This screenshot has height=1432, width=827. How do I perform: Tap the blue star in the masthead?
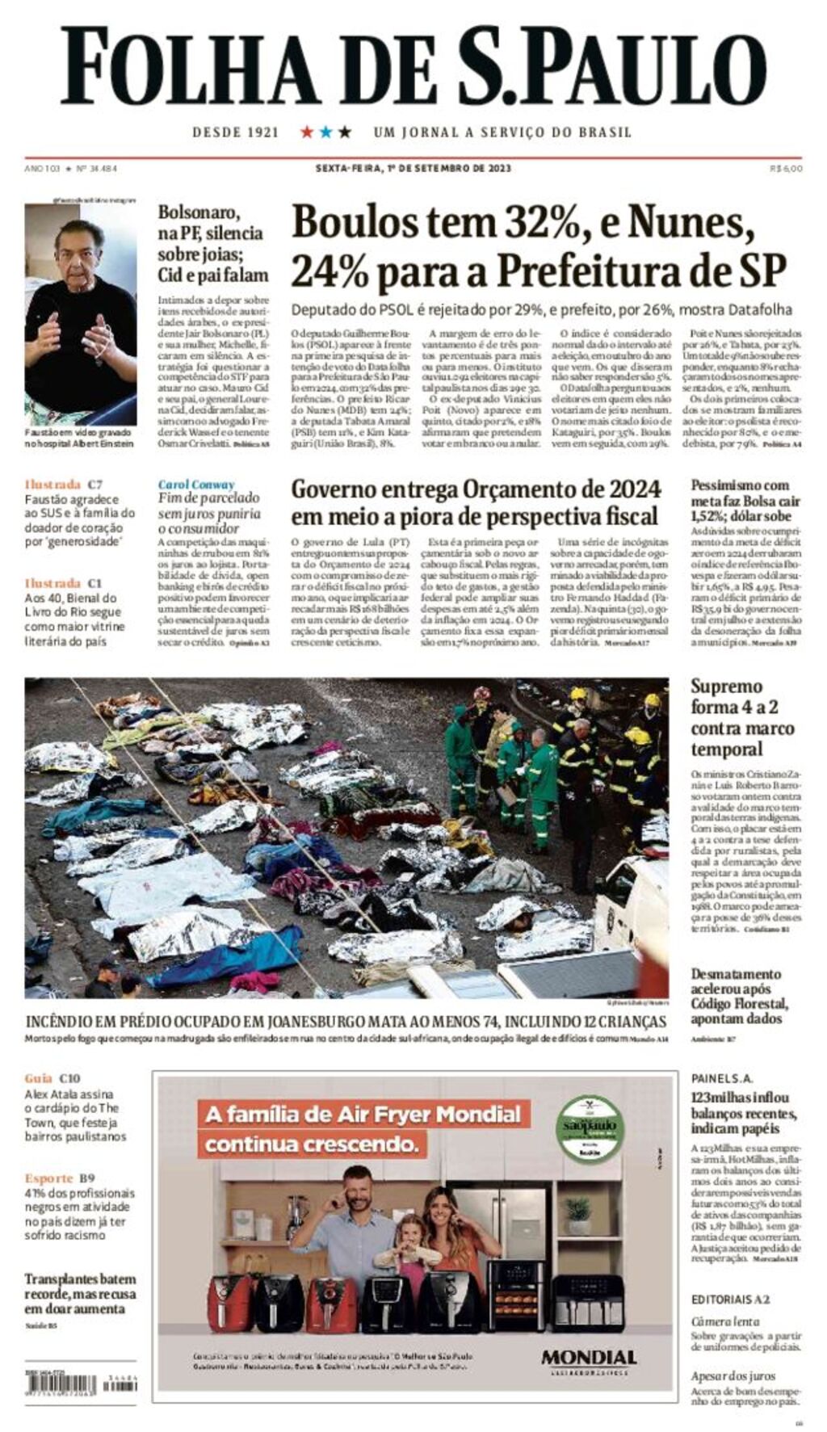325,132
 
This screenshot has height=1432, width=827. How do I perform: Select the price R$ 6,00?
786,169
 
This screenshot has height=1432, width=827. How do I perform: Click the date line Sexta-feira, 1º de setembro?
413,169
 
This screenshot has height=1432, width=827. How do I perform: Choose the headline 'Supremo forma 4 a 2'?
741,717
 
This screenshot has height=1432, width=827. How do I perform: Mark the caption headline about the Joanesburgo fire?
346,1022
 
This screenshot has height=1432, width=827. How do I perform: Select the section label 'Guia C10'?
52,1078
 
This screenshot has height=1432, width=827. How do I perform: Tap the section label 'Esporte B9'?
60,1178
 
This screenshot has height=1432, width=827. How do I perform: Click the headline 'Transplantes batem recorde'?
80,1293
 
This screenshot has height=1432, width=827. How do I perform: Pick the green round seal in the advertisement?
588,1128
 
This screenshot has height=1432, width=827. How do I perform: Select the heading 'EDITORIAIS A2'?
730,1300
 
